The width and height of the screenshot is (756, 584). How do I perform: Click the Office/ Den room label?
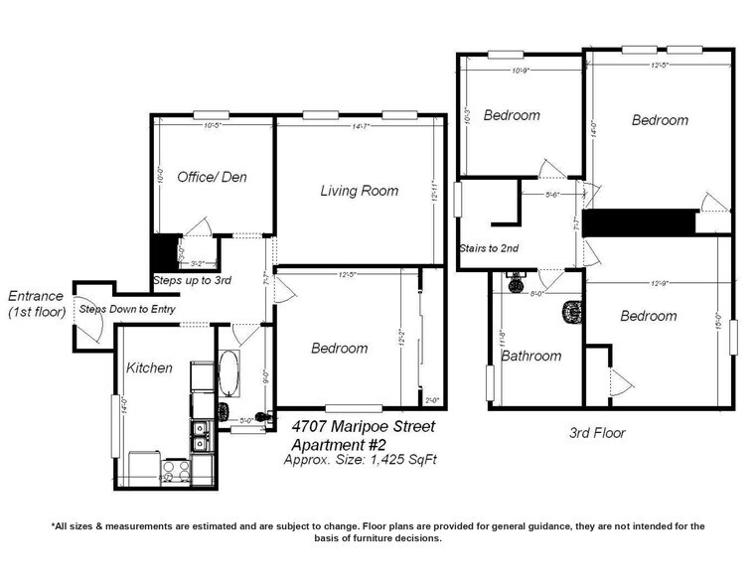point(212,177)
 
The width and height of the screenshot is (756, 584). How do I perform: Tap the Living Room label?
point(359,191)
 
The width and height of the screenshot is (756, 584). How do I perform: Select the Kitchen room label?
point(149,367)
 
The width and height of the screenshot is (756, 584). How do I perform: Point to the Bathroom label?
point(530,356)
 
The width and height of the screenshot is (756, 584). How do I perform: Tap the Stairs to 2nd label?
point(489,248)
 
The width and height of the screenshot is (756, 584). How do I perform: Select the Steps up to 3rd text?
point(192,281)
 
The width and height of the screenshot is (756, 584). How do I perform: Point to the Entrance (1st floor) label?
point(36,304)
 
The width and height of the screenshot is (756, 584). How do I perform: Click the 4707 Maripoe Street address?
point(362,426)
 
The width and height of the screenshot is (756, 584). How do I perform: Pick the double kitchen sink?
point(201,436)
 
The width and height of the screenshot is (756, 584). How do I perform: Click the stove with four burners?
point(176,471)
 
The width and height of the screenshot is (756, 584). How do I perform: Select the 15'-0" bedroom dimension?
point(717,322)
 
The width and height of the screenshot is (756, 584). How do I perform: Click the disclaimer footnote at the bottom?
point(378,532)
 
